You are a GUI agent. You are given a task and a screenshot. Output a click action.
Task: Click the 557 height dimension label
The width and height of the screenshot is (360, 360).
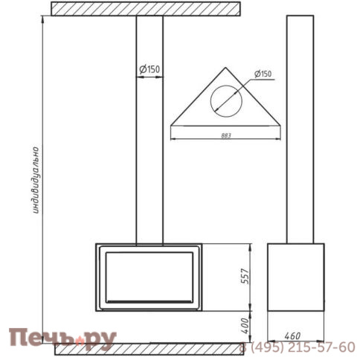tap(245, 276)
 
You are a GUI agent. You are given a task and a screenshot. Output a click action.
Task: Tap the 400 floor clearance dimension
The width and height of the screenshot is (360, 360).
tap(245, 326)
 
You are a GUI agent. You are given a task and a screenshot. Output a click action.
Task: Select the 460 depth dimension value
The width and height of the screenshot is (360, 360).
tap(292, 336)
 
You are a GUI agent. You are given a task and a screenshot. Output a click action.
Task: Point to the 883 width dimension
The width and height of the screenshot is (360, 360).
tap(226, 135)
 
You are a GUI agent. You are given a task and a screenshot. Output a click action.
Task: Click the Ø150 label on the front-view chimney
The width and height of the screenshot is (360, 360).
tap(150, 69)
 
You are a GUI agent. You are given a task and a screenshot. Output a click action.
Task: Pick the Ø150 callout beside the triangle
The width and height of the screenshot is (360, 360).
tap(263, 74)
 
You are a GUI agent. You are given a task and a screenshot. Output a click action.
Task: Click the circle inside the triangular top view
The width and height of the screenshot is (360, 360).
tap(226, 86)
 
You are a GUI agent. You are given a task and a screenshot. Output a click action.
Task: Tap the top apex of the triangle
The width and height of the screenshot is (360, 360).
tap(225, 68)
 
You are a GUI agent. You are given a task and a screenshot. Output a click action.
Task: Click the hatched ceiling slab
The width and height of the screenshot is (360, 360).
tap(146, 9)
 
